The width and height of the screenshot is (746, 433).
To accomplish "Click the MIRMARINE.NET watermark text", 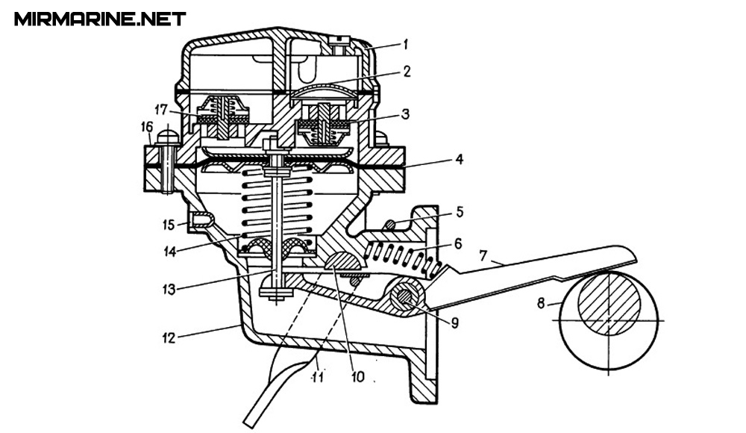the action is [100, 19].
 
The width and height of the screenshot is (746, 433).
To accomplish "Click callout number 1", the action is [405, 45].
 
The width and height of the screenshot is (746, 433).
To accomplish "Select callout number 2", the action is [406, 72].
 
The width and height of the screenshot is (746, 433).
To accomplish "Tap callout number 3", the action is [405, 113].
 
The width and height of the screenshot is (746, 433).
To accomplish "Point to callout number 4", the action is [459, 159].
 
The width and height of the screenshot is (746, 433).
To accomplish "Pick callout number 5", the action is [459, 211].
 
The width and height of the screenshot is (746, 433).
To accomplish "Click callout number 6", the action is [458, 244].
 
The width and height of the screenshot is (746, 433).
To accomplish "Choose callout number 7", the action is [483, 256].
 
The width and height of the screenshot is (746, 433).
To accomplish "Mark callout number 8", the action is [540, 303].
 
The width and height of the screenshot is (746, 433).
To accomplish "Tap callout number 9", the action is [455, 323].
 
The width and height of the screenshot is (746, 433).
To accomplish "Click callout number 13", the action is [169, 289].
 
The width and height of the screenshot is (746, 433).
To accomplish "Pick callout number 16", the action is [146, 127].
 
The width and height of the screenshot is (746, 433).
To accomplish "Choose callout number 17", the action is [161, 110].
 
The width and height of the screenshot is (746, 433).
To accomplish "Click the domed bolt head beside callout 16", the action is [167, 136].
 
